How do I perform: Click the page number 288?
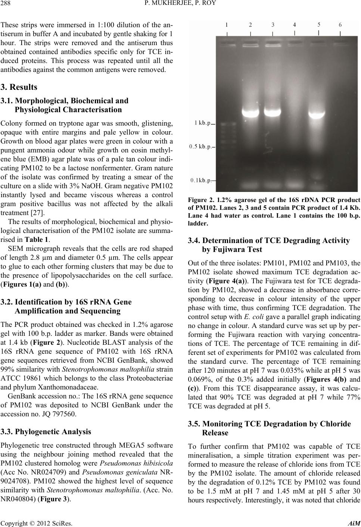tap(7, 5)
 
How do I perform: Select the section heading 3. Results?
tap(19, 87)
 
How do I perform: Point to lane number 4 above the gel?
tap(295, 25)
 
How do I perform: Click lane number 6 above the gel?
tap(340, 25)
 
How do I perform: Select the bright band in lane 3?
tap(278, 111)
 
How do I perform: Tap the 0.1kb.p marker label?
tap(200, 180)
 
